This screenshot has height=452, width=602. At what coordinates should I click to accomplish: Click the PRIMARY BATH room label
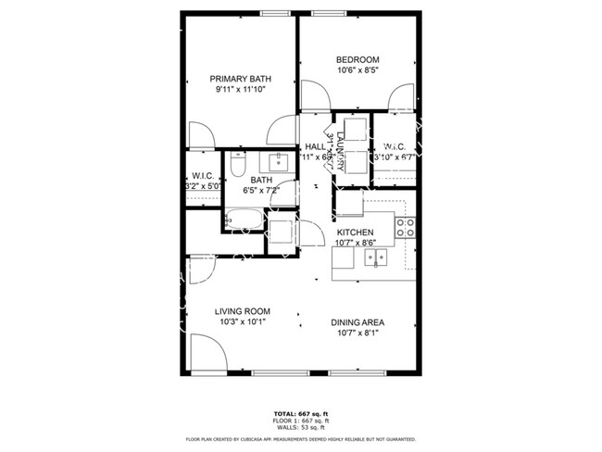tap(240, 79)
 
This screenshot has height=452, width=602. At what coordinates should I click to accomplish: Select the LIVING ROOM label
tap(243, 311)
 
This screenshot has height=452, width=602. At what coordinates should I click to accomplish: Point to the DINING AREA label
tap(357, 323)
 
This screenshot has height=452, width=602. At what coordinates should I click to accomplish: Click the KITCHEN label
tap(355, 232)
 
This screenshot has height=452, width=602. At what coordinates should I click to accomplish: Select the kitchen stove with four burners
tap(405, 228)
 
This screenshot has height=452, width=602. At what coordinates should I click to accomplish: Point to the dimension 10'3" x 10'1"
tap(243, 322)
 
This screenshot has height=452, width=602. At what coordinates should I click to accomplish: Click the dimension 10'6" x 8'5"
tap(357, 69)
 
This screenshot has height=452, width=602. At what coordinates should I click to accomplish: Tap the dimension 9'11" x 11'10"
tap(240, 90)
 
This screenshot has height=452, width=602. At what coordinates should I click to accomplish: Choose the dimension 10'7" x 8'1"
tap(357, 334)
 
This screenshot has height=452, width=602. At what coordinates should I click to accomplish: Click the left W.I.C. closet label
tap(203, 176)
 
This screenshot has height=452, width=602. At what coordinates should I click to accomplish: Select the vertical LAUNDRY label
tap(341, 151)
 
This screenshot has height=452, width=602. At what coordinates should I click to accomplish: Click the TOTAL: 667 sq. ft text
tap(301, 413)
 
